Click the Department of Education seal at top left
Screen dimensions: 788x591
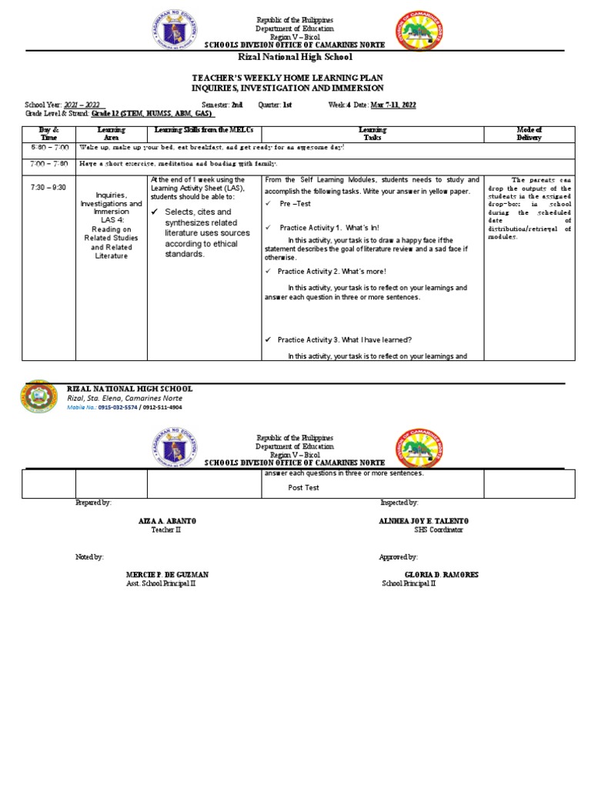point(175,32)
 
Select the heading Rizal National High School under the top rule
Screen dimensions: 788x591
point(295,57)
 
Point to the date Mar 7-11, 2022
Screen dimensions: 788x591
point(393,105)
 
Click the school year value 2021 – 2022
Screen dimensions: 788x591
point(81,105)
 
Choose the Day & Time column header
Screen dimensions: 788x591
point(50,134)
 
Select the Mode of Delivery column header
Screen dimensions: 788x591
point(529,134)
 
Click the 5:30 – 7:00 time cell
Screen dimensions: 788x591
point(50,147)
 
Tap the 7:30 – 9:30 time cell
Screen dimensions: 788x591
point(50,186)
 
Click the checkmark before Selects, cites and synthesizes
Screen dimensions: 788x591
point(156,212)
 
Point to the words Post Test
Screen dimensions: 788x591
point(303,488)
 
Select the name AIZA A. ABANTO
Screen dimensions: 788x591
point(167,521)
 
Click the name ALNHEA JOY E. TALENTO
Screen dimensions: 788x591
point(423,521)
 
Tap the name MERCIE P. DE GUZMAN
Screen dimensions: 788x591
point(167,575)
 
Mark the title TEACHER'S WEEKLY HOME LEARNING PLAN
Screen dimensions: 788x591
point(295,78)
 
